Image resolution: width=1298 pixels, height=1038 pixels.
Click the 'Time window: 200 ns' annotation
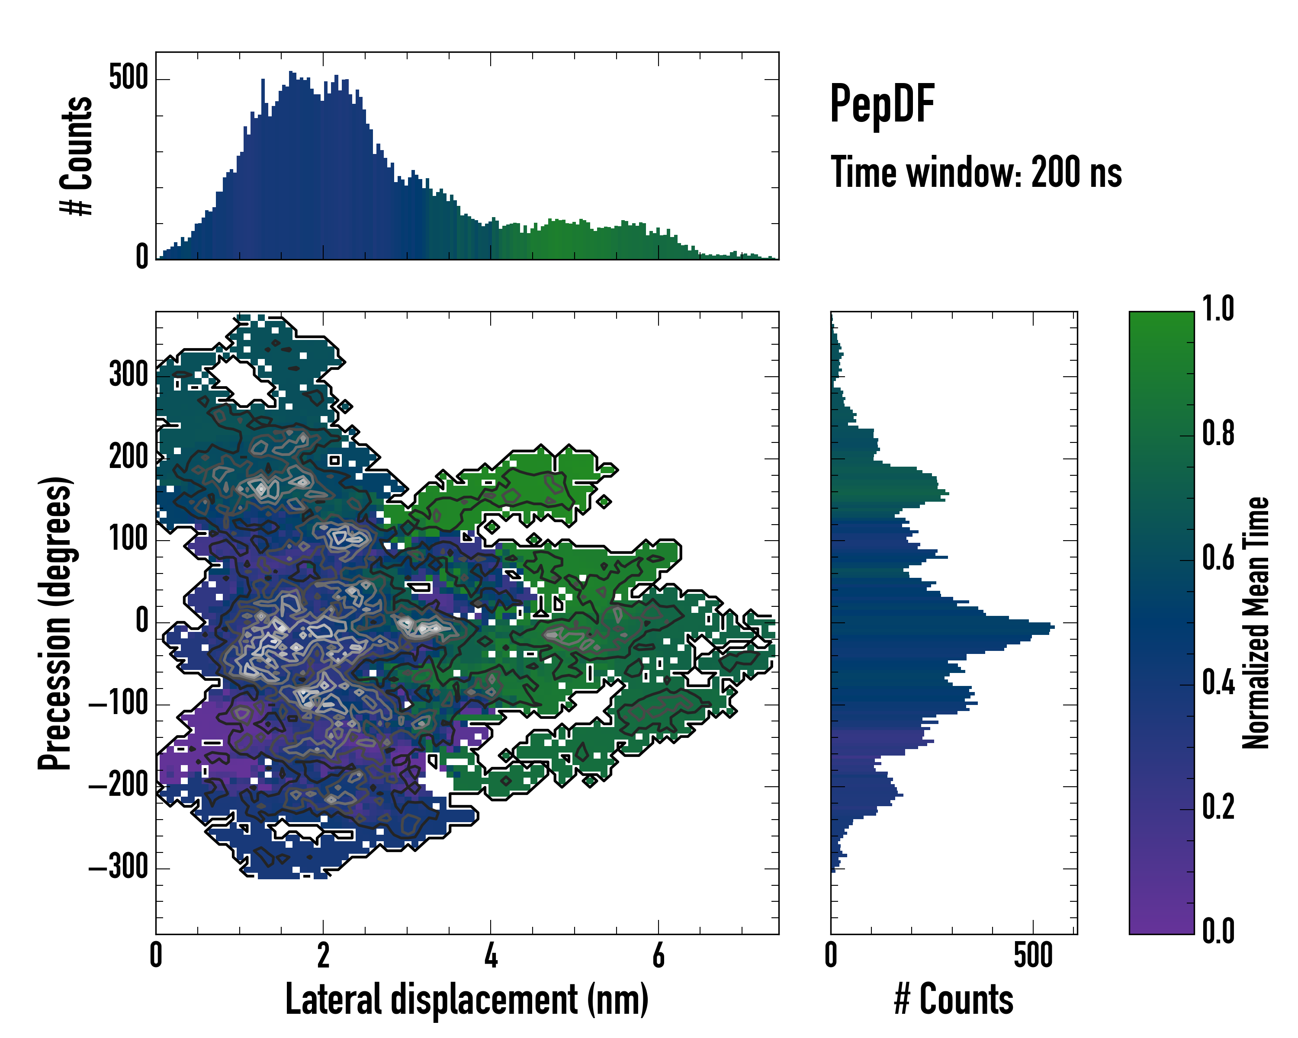tap(976, 173)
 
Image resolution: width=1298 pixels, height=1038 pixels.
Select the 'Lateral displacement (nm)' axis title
tap(466, 1000)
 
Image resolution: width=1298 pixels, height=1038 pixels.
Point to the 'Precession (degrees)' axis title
tap(55, 623)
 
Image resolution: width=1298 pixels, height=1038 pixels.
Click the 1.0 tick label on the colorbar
tap(1218, 309)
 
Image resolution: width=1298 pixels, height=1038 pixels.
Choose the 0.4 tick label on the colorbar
tap(1218, 684)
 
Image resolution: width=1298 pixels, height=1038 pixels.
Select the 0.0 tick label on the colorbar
tap(1218, 931)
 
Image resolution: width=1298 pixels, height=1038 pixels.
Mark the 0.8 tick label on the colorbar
tap(1218, 434)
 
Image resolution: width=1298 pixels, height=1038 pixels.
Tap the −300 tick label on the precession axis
tap(119, 867)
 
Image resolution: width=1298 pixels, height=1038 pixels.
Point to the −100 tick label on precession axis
tap(119, 702)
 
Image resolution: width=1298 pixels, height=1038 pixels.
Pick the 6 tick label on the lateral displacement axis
tap(658, 955)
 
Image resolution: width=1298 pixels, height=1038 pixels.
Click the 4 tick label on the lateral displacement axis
tap(491, 955)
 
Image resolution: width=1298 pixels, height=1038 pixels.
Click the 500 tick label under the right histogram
tap(1033, 955)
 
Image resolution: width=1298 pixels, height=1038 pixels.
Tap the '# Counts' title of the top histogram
tap(77, 156)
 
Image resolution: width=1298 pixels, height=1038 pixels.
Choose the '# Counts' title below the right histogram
tap(954, 1000)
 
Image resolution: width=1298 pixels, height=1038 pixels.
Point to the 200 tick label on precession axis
tap(128, 457)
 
